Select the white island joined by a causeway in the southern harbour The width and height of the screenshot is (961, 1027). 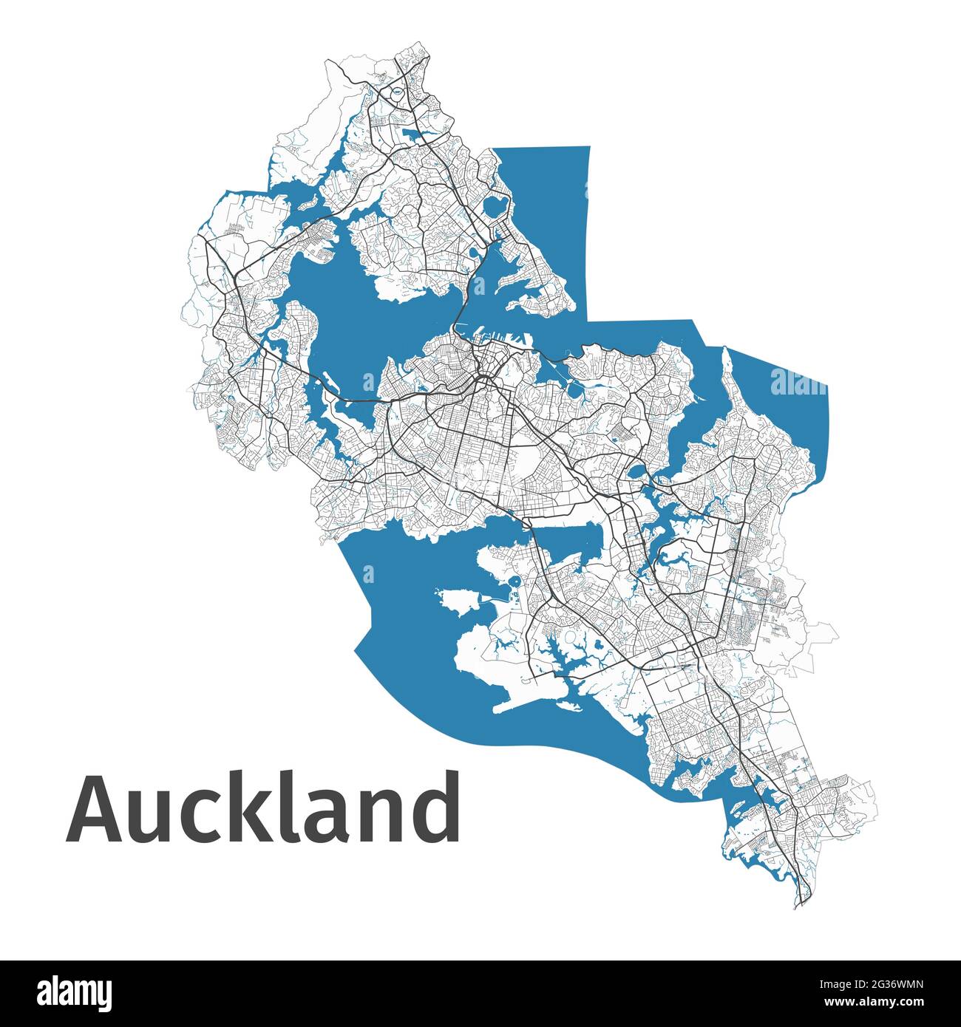(458, 600)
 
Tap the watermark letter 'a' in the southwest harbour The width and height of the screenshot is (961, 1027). (368, 573)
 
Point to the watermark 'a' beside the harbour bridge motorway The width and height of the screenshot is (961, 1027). (368, 381)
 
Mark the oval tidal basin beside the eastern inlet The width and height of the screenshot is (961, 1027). (635, 471)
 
